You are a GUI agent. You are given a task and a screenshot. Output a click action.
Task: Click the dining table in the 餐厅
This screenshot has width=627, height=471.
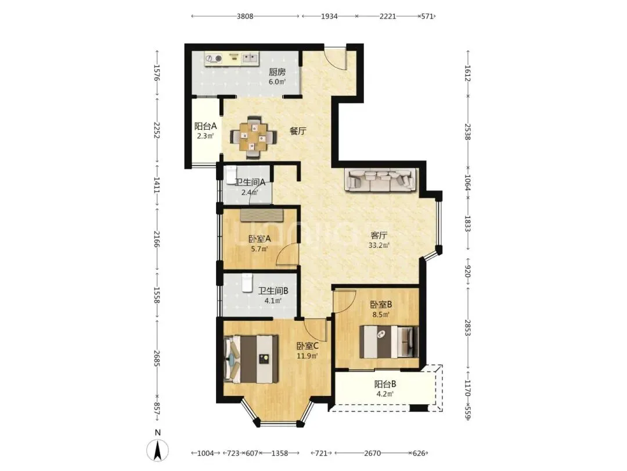pyautogui.click(x=254, y=137)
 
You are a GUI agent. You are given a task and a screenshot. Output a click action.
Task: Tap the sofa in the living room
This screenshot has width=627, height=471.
pyautogui.click(x=381, y=180)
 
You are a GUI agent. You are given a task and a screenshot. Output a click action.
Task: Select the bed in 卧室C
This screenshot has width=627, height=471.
pyautogui.click(x=251, y=359)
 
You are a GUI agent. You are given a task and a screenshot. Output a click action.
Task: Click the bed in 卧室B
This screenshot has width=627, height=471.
pyautogui.click(x=388, y=342)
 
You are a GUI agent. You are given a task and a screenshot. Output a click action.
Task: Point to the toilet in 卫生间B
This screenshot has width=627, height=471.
pyautogui.click(x=247, y=283)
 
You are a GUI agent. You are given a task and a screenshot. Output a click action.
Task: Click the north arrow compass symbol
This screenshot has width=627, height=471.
pyautogui.click(x=158, y=449)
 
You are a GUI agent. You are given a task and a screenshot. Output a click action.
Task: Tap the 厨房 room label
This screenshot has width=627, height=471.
pyautogui.click(x=277, y=72)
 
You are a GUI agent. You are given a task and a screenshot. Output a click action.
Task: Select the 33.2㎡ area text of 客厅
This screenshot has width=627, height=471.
pyautogui.click(x=379, y=245)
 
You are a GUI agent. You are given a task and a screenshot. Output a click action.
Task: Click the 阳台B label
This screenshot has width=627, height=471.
pyautogui.click(x=385, y=384)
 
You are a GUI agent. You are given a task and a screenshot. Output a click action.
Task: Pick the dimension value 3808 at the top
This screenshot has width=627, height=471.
pyautogui.click(x=245, y=16)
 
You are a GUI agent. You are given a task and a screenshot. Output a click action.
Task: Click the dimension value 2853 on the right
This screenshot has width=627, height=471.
pyautogui.click(x=467, y=330)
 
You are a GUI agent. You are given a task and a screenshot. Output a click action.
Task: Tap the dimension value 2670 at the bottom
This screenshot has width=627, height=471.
pyautogui.click(x=372, y=454)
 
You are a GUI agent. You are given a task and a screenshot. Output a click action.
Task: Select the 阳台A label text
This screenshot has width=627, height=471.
pyautogui.click(x=206, y=126)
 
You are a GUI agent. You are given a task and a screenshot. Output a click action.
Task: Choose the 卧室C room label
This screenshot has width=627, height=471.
pyautogui.click(x=307, y=345)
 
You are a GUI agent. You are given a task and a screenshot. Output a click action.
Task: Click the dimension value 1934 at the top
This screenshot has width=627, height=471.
pyautogui.click(x=329, y=16)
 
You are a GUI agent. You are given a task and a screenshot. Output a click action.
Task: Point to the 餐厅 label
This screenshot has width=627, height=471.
pyautogui.click(x=298, y=131)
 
